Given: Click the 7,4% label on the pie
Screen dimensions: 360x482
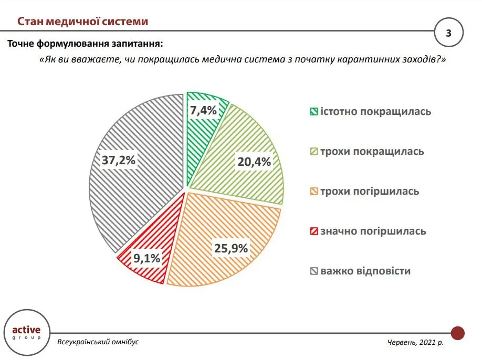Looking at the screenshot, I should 203,111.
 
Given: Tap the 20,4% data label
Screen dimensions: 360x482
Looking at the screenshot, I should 254,162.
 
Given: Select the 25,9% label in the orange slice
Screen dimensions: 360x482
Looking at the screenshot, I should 230,248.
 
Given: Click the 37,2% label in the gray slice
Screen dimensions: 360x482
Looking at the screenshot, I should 119,160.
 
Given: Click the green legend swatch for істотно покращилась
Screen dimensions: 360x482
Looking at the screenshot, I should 313,112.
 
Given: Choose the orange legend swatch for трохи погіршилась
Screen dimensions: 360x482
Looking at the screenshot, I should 313,192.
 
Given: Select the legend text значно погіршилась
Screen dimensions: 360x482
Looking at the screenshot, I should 373,231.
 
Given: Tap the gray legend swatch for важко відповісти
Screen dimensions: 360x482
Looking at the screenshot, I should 313,271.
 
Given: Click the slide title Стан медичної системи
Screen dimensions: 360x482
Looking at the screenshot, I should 82,22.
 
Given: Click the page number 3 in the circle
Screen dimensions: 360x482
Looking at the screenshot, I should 448,33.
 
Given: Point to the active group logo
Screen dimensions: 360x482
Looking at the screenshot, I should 26,332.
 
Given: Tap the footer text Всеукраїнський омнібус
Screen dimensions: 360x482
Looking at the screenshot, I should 98,342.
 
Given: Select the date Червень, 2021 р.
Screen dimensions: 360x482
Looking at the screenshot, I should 415,342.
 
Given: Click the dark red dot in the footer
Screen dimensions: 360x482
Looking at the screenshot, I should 458,333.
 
